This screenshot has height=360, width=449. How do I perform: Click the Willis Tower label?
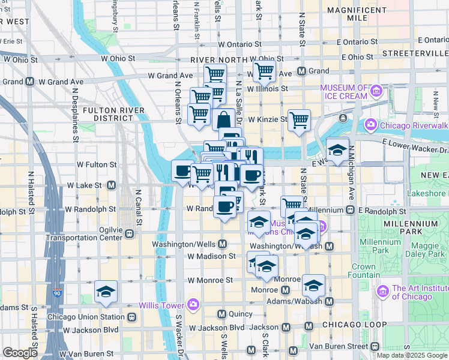click(161, 305)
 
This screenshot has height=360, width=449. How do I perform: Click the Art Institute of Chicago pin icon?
click(382, 292)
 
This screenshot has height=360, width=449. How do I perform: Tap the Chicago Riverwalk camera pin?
click(370, 125)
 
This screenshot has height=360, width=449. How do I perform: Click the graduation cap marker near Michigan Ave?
click(337, 150)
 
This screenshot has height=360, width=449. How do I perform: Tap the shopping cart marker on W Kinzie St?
click(299, 120)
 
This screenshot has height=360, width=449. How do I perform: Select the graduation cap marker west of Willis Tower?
click(106, 292)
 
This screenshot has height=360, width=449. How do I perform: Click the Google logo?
click(20, 352)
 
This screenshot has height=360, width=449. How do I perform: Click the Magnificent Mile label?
click(356, 14)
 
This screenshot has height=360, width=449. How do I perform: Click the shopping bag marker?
click(223, 119)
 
